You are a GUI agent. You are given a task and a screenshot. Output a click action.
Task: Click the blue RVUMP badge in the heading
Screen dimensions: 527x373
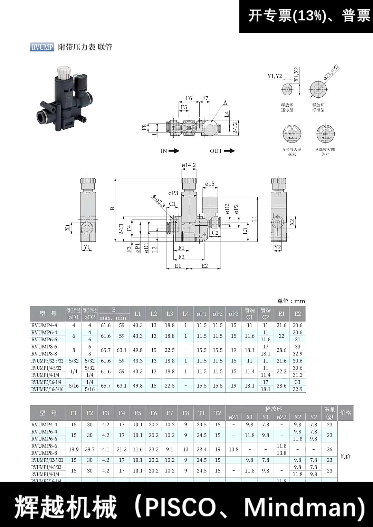pyautogui.click(x=42, y=47)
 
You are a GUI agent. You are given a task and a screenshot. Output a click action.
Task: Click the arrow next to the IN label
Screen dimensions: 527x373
pyautogui.click(x=174, y=151)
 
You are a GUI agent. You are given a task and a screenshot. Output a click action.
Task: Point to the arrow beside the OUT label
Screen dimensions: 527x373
pyautogui.click(x=229, y=151)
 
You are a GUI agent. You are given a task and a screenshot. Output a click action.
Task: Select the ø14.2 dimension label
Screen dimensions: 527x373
pyautogui.click(x=189, y=165)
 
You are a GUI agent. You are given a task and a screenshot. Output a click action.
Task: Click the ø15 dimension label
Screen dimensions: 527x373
pyautogui.click(x=210, y=184)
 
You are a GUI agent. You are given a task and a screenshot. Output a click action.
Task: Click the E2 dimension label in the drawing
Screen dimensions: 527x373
pyautogui.click(x=204, y=266)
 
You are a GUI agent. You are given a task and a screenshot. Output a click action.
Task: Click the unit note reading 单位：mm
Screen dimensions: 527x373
pyautogui.click(x=291, y=301)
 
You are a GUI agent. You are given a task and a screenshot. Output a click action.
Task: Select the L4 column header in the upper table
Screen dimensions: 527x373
pyautogui.click(x=185, y=314)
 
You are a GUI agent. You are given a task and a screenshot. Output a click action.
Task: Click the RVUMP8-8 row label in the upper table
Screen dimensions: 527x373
pyautogui.click(x=44, y=353)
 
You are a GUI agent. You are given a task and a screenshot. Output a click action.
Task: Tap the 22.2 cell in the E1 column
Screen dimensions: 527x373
pyautogui.click(x=281, y=371)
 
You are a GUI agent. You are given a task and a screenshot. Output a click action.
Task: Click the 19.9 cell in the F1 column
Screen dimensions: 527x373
pyautogui.click(x=74, y=449)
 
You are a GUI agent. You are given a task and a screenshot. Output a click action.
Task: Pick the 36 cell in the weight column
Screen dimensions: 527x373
pyautogui.click(x=329, y=449)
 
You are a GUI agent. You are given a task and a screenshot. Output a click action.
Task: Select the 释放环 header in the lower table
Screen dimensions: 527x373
pyautogui.click(x=274, y=409)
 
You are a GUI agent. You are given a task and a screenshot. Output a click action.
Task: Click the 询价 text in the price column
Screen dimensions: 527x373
pyautogui.click(x=345, y=456)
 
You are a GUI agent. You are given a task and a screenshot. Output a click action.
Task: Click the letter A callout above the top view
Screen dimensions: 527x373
pyautogui.click(x=226, y=103)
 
